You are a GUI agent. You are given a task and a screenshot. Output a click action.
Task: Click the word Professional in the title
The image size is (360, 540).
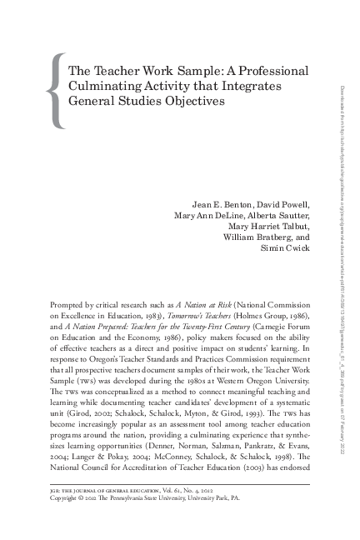click(x=271, y=71)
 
